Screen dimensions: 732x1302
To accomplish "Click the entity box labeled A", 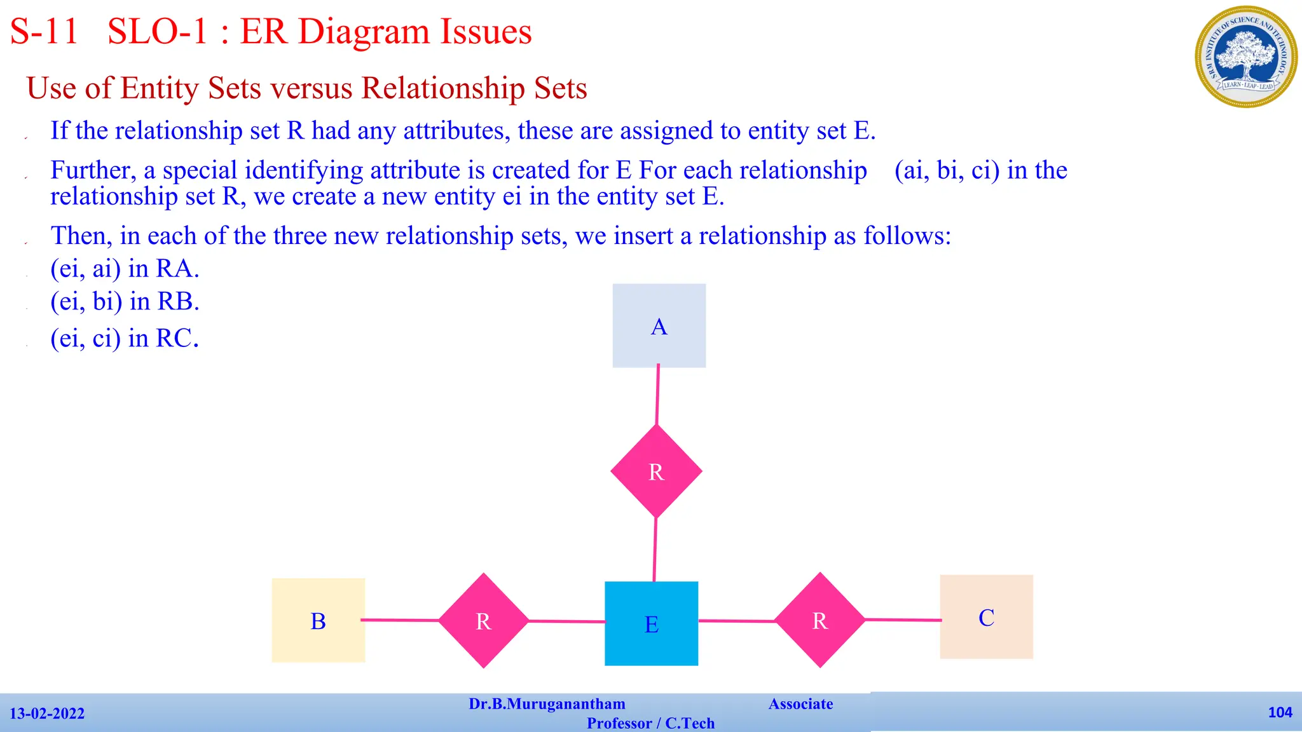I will point(659,325).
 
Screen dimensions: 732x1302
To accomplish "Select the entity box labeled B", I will point(318,620).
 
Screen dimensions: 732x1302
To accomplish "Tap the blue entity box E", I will point(651,623).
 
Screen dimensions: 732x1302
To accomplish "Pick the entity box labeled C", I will point(986,617).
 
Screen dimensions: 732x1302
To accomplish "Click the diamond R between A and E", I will point(656,471).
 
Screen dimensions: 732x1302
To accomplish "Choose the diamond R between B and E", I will point(483,621).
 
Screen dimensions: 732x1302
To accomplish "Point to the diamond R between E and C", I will point(819,620).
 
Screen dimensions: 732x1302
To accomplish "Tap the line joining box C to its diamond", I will point(903,620).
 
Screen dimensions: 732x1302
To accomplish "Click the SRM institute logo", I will point(1246,57).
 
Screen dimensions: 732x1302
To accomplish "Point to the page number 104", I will point(1280,712).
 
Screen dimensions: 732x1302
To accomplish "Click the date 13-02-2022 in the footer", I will point(47,714).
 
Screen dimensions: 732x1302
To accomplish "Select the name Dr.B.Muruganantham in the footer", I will point(547,704).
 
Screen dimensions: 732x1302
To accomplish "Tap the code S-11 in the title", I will point(45,32).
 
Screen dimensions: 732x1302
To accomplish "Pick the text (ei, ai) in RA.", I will point(125,269).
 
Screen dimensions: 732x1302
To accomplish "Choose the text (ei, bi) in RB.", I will point(125,302).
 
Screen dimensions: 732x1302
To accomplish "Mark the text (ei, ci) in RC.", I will point(125,339).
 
